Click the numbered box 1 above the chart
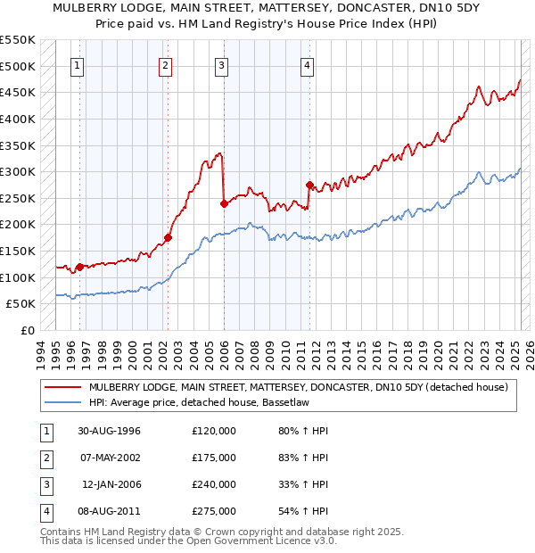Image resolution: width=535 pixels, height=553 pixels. point(78,64)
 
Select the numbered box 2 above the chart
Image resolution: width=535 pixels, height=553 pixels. point(166,64)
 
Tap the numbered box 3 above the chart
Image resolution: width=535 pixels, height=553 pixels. point(221,64)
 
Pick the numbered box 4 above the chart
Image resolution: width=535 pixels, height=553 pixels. point(307,64)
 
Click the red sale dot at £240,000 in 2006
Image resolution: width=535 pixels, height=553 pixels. point(224,203)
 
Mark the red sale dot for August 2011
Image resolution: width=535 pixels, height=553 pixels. point(309,186)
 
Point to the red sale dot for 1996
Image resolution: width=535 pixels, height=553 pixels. point(79,267)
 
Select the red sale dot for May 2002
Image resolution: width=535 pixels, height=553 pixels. point(167,238)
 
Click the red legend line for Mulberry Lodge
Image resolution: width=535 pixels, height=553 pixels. point(62,387)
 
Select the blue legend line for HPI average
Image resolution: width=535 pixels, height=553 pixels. point(62,403)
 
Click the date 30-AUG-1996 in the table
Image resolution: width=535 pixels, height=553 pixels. point(109,431)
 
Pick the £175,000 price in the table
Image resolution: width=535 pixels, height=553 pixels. point(214,458)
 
